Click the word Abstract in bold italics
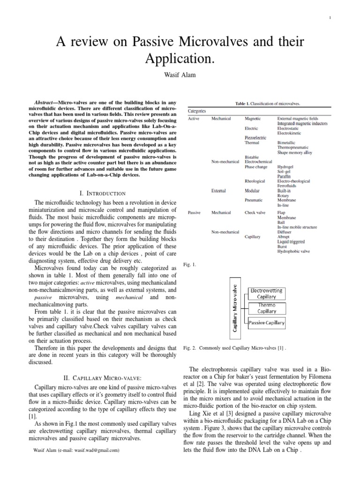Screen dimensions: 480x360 click(x=46, y=102)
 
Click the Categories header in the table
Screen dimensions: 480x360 click(x=197, y=111)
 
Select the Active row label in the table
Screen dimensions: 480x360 click(x=194, y=119)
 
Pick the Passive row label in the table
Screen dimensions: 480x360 click(x=195, y=212)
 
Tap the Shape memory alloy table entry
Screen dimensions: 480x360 click(x=294, y=152)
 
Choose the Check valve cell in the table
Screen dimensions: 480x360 click(x=255, y=212)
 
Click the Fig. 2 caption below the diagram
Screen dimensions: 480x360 click(x=240, y=349)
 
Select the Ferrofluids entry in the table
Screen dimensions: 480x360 click(x=287, y=185)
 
